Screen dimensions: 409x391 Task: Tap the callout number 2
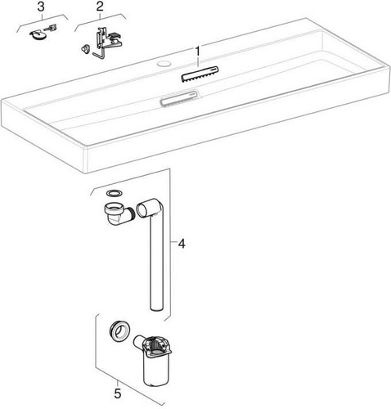100,7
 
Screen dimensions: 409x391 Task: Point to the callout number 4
182,243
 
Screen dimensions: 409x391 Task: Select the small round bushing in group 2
84,47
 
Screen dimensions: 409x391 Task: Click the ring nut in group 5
120,332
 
